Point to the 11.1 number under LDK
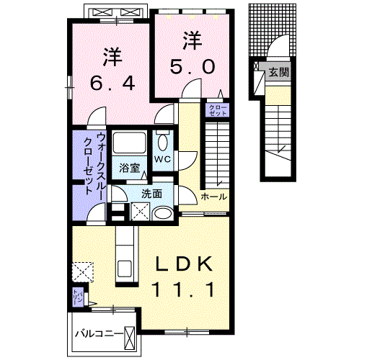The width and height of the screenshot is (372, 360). pyautogui.click(x=184, y=290)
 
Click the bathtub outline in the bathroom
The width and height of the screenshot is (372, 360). pyautogui.click(x=130, y=143)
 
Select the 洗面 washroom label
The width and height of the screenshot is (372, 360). pyautogui.click(x=151, y=193)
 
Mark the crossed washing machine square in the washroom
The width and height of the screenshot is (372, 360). pyautogui.click(x=140, y=212)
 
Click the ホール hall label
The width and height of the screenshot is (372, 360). pyautogui.click(x=213, y=196)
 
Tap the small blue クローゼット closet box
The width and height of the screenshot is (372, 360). pyautogui.click(x=217, y=110)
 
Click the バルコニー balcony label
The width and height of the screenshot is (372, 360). pyautogui.click(x=99, y=336)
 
